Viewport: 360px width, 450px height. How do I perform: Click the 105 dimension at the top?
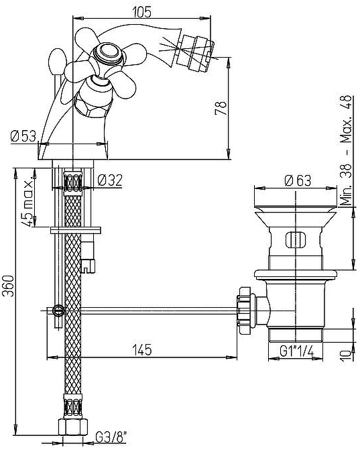coord(141,12)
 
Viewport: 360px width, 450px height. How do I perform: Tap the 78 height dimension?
coord(221,108)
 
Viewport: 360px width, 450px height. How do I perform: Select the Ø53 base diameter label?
coord(23,135)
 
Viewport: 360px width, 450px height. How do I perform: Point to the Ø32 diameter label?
coord(110,180)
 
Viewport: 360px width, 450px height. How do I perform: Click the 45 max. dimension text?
coord(28,200)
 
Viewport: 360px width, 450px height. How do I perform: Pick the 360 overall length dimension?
coord(8,286)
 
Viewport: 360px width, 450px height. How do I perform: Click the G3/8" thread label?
coord(111,438)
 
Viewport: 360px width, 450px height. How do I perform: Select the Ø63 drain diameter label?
coord(298,180)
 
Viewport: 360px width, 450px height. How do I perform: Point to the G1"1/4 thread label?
coord(296,351)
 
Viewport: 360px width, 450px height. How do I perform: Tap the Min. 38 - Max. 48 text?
coord(346,150)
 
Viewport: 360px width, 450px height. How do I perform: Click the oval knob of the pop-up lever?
coord(58,62)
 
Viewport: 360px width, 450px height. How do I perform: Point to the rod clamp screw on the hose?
coord(58,311)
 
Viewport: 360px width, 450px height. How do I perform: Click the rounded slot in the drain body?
coord(296,239)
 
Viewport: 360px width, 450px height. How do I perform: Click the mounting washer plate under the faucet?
coord(76,230)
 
